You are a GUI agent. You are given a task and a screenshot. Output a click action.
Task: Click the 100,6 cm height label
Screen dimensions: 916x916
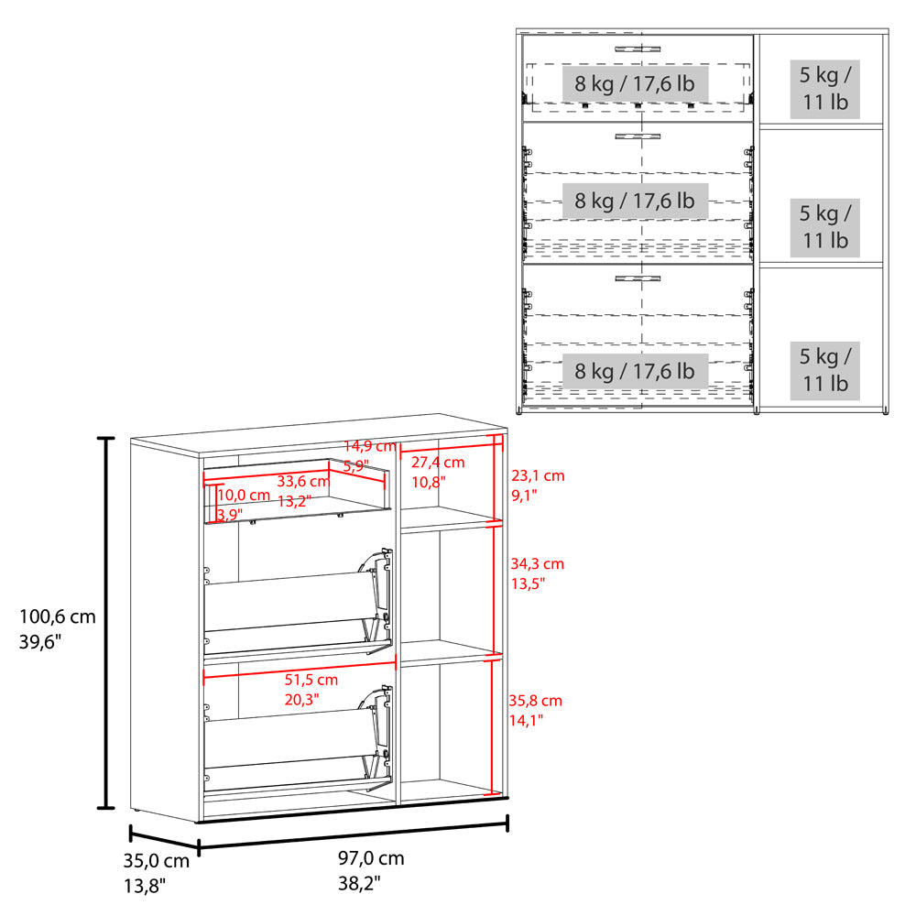coord(57,616)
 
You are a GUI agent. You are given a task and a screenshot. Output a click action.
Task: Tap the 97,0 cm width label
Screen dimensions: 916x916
coord(371,858)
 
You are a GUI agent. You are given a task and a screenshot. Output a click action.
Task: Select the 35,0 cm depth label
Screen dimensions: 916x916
coord(156,860)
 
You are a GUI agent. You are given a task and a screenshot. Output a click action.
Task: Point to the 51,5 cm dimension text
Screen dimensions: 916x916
coord(311,680)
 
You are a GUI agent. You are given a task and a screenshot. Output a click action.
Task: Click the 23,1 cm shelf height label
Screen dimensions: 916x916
coord(538,475)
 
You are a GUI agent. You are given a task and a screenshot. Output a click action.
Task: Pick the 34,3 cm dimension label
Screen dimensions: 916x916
coord(538,563)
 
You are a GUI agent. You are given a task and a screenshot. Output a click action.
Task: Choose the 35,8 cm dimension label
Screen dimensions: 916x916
coord(535,701)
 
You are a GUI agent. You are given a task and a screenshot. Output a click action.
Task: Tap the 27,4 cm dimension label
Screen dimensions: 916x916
coord(438,462)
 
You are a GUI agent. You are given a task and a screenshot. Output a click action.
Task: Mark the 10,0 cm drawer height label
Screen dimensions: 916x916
coord(243,495)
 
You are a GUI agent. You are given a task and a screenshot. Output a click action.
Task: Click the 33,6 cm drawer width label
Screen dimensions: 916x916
coord(303,482)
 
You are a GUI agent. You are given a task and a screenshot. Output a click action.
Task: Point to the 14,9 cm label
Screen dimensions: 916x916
coord(370,446)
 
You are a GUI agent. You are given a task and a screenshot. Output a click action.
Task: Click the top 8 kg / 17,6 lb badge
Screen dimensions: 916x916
coord(635,83)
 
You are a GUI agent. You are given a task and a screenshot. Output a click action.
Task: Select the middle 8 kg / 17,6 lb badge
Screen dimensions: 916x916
coord(635,201)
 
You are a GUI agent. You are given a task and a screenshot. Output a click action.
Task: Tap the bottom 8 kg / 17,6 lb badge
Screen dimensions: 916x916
coord(635,371)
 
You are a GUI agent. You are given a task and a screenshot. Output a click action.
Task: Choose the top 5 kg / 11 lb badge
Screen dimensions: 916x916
coord(825,89)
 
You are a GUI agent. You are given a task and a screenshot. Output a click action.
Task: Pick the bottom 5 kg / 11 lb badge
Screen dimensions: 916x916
coord(825,370)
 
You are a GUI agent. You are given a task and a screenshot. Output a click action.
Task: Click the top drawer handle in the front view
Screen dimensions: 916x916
coord(638,49)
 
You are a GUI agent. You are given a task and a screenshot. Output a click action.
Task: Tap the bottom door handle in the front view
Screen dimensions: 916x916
coord(638,278)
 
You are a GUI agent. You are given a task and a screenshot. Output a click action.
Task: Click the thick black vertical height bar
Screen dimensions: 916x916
coord(105,623)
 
